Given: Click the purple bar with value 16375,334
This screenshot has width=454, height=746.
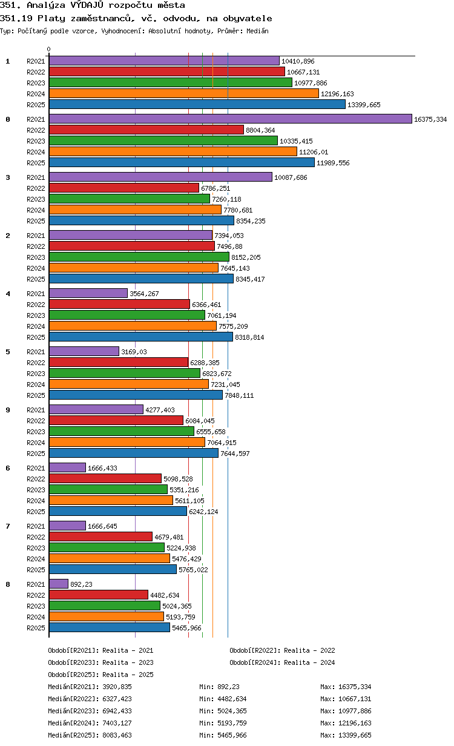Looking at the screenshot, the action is click(230, 119).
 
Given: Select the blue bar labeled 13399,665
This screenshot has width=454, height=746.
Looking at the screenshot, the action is click(197, 105).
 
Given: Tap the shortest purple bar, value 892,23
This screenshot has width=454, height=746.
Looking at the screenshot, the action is click(59, 584).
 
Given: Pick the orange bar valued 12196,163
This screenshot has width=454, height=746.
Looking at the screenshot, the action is click(184, 94).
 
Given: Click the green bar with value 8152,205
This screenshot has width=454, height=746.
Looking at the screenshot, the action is click(139, 257).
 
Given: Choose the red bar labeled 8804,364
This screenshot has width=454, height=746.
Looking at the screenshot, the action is click(146, 130).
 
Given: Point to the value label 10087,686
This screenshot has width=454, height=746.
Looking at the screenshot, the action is click(291, 177).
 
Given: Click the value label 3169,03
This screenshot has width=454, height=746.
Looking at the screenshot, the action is click(134, 352).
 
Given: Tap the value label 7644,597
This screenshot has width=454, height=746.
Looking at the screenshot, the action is click(235, 454).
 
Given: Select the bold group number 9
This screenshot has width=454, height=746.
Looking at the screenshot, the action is click(8, 410).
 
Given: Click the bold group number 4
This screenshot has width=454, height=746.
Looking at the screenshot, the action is click(8, 294).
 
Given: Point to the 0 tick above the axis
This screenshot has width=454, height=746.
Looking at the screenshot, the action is click(49, 49).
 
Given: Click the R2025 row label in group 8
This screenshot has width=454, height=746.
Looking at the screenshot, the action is click(36, 628).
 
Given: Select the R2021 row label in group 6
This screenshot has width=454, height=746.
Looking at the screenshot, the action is click(36, 468).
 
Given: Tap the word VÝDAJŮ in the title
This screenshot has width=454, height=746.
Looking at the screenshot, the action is click(87, 5).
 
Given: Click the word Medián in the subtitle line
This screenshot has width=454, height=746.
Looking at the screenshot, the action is click(257, 31).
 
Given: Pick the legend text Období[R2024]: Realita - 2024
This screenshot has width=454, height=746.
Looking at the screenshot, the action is click(282, 662).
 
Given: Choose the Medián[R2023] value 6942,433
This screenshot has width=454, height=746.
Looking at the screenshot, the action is click(117, 711).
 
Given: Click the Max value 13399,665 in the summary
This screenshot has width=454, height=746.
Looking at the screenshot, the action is click(355, 735).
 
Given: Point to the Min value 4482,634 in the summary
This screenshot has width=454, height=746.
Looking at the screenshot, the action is click(232, 699).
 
